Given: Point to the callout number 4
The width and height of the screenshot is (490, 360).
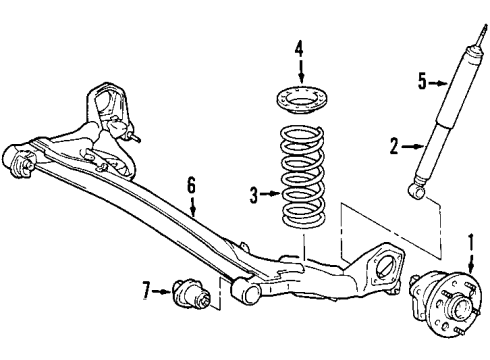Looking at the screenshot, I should (298, 45).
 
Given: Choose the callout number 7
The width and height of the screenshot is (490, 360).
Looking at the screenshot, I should (147, 291).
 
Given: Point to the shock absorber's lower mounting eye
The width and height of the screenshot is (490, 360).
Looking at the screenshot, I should (417, 186).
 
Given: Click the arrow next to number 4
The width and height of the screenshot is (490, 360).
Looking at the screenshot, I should (298, 68).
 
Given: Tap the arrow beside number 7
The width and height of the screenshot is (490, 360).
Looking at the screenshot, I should (162, 291).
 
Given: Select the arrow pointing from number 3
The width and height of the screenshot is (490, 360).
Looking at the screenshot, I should (268, 196).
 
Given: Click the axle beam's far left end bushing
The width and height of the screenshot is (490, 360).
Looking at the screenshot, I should (19, 159).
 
